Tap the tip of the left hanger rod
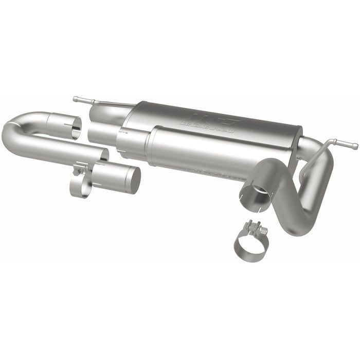(75, 98)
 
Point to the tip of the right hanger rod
(354, 146)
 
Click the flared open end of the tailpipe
(253, 195)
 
